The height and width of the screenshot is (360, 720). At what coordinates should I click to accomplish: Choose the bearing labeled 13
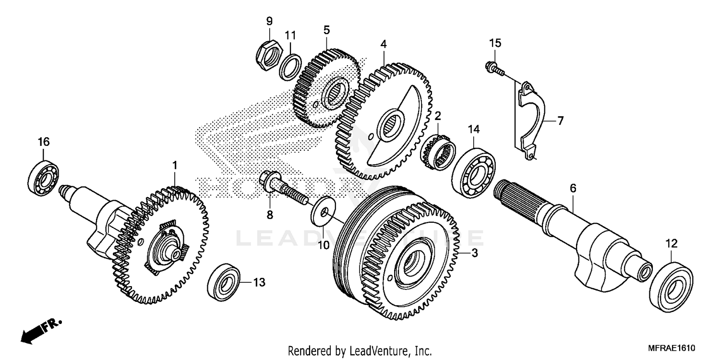(224, 282)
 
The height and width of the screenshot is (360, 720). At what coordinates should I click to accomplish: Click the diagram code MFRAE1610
(671, 348)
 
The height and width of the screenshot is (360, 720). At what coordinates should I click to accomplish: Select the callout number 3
(474, 253)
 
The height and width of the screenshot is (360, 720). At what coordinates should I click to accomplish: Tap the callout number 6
(572, 189)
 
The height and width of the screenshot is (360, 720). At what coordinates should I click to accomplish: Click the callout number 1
(175, 165)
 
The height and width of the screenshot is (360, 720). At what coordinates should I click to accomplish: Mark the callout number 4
(383, 44)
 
